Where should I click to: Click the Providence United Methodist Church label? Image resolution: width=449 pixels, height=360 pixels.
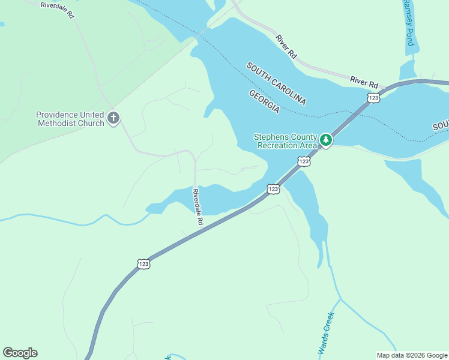click(70, 119)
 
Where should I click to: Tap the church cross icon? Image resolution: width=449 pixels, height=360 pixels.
click(114, 118)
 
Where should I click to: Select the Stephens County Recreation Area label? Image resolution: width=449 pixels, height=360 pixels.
click(285, 141)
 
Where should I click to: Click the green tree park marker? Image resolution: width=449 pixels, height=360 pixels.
click(326, 140)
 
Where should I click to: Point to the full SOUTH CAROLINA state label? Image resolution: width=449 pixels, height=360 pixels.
click(276, 83)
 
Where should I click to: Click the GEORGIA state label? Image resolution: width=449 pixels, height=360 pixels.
click(264, 101)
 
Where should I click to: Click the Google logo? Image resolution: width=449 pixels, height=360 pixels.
click(20, 353)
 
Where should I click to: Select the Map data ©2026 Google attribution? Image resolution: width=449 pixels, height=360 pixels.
click(412, 355)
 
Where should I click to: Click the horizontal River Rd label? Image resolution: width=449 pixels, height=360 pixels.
click(365, 82)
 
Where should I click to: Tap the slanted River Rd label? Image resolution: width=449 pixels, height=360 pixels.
click(287, 46)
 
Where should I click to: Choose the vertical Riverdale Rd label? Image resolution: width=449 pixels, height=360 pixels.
click(197, 207)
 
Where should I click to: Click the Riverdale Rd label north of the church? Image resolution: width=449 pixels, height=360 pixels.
click(57, 10)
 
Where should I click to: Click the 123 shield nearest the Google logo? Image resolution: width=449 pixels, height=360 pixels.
click(143, 264)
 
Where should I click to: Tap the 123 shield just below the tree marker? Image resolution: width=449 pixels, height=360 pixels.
click(304, 161)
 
